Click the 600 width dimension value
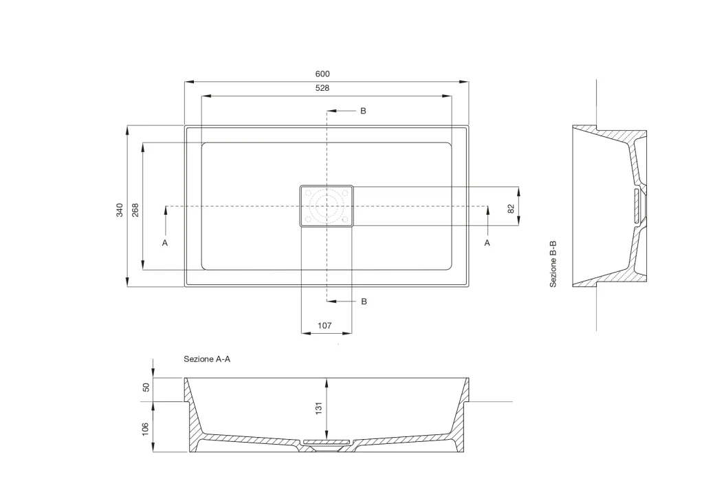coord(322,74)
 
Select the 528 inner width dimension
coord(322,88)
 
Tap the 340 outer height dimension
coord(120,210)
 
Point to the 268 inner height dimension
coord(135,210)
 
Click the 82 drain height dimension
coord(511,209)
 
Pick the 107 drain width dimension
coord(324,326)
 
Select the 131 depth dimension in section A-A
coord(319,407)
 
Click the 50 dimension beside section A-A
coord(146,387)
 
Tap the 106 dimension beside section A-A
coord(145,429)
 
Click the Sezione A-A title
coord(207,359)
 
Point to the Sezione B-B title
coord(553,264)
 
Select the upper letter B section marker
coord(363,111)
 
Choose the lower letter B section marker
coord(364,301)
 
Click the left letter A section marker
coord(165,243)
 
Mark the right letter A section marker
coord(487,243)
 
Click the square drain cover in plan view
coord(327,206)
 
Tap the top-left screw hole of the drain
coord(308,193)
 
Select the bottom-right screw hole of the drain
coord(345,220)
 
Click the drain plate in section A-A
coord(327,443)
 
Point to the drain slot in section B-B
coord(636,206)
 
